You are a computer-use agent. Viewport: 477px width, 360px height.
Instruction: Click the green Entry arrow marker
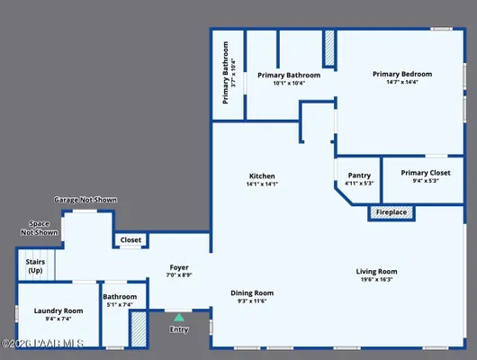pyautogui.click(x=178, y=317)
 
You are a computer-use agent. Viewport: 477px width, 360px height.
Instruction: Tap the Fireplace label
pyautogui.click(x=391, y=212)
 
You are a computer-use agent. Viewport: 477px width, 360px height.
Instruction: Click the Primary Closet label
pyautogui.click(x=426, y=173)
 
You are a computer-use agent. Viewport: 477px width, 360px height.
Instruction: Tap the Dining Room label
pyautogui.click(x=252, y=292)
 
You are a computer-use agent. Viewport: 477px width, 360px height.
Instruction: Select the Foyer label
pyautogui.click(x=179, y=267)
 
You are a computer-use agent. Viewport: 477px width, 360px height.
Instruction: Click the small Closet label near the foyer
pyautogui.click(x=130, y=240)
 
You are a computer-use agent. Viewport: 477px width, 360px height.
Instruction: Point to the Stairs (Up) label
pyautogui.click(x=35, y=265)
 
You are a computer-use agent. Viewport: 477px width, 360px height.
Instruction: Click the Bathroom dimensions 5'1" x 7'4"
pyautogui.click(x=119, y=305)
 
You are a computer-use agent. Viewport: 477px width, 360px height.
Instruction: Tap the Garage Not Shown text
pyautogui.click(x=85, y=199)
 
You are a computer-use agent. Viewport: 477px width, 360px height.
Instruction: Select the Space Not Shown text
pyautogui.click(x=39, y=227)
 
